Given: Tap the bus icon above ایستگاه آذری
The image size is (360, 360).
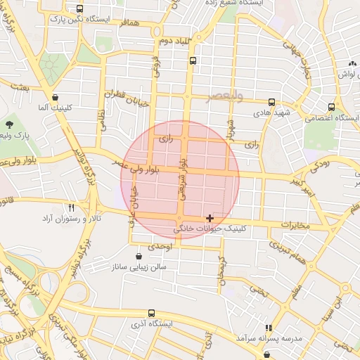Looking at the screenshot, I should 153,314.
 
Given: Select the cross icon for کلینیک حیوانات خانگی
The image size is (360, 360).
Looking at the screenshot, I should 210,219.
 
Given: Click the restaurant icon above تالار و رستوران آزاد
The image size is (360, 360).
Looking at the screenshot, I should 71,207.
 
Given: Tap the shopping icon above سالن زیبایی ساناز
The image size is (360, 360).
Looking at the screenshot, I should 137,256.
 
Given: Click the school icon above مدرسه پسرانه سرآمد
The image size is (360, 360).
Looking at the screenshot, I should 268,328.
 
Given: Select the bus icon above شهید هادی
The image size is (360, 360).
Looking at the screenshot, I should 272,102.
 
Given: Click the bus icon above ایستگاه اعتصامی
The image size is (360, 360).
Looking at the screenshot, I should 331,107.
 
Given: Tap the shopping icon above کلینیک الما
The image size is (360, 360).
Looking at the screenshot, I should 55,98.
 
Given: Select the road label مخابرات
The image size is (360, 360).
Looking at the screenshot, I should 295,225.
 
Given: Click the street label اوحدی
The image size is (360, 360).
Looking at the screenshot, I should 161,246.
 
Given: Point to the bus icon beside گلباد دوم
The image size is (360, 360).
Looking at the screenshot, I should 193,60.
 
